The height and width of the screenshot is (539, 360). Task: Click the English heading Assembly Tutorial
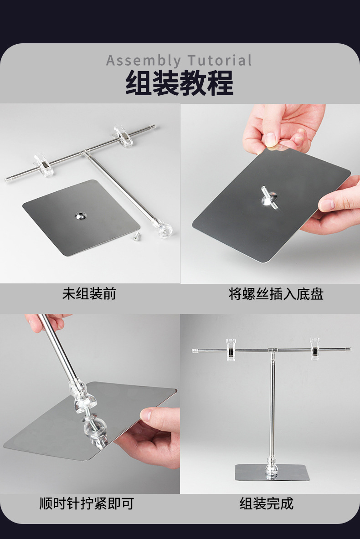click(x=179, y=61)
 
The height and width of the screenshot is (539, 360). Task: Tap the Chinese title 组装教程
click(x=180, y=82)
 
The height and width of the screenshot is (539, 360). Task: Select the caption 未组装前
click(x=89, y=293)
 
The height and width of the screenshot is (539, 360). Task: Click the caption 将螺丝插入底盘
click(x=276, y=294)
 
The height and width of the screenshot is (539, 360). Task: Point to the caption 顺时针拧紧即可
click(x=86, y=503)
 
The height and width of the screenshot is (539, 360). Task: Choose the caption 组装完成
click(x=267, y=503)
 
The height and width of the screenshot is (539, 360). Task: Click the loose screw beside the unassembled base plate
click(x=137, y=236)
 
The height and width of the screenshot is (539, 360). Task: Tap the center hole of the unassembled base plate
click(x=81, y=216)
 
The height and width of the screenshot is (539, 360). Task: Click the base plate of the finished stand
click(x=273, y=472)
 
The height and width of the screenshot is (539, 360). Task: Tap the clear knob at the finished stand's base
click(x=272, y=467)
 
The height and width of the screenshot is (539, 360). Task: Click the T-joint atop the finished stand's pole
click(x=272, y=351)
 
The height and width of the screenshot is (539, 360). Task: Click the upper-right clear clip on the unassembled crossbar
click(x=123, y=137)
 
